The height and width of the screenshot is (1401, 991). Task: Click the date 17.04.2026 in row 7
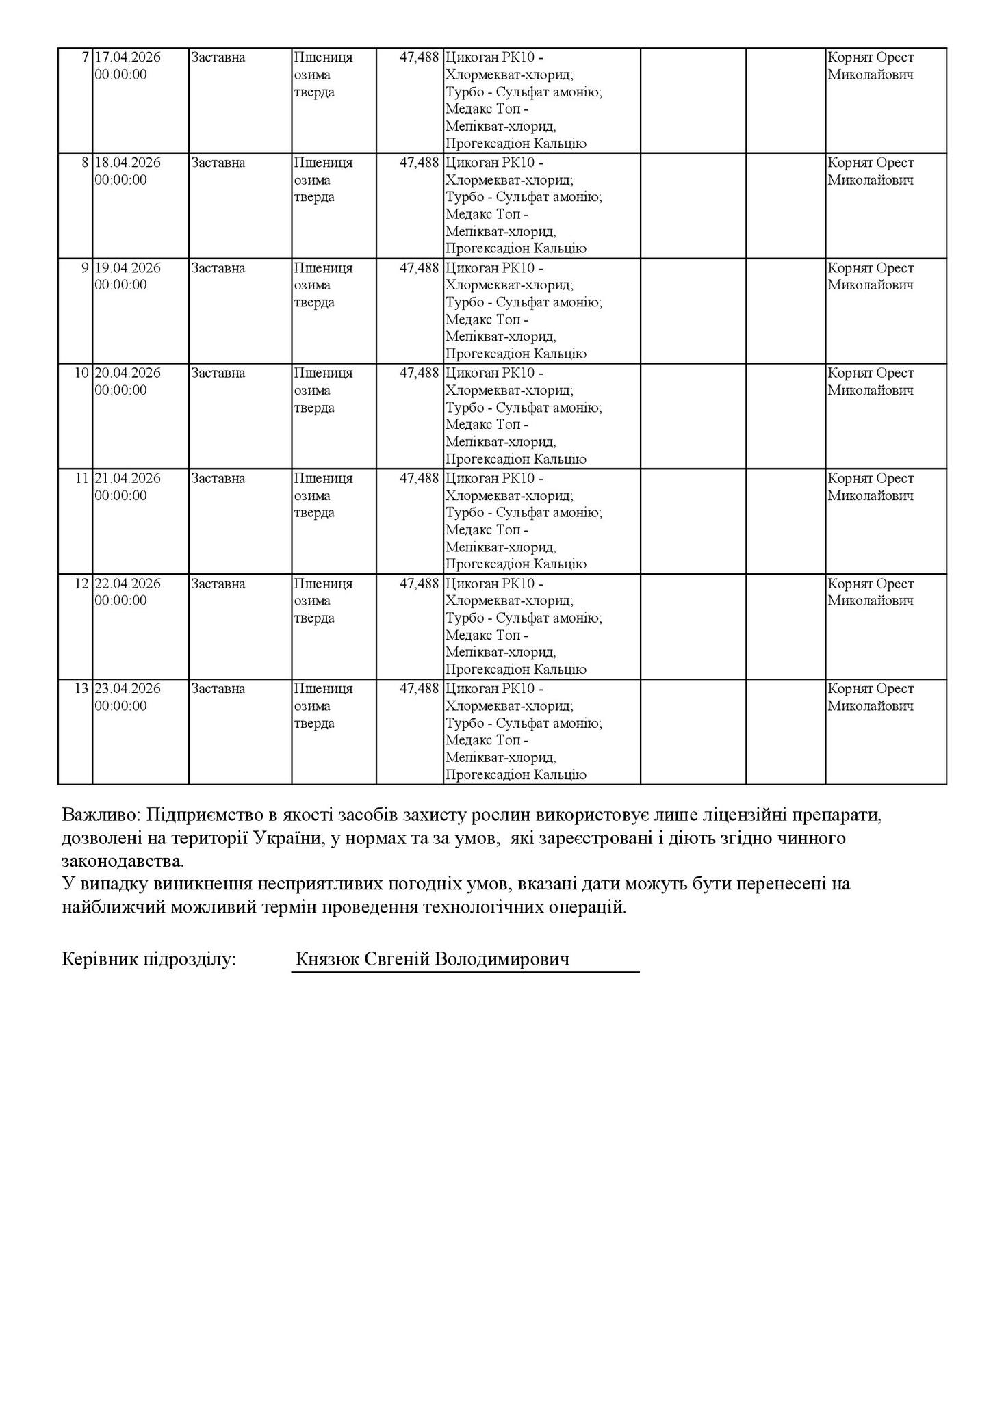pos(127,57)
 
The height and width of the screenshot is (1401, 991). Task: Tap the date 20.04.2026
pos(127,373)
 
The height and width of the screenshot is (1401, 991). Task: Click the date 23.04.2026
pos(127,688)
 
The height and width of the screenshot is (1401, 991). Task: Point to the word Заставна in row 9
pos(218,268)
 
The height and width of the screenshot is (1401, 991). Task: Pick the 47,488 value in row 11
pos(418,478)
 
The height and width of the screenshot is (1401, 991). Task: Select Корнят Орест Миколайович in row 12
pos(870,592)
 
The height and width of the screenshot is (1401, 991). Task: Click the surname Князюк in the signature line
pos(325,960)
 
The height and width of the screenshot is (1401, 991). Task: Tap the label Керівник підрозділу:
pos(149,960)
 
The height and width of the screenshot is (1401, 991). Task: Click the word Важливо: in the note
pos(102,815)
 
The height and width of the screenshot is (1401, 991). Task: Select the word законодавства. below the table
pos(123,861)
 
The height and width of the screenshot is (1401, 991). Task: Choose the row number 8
pos(85,163)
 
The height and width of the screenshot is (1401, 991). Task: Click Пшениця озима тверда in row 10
pos(323,391)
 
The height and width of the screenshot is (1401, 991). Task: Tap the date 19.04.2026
pos(127,268)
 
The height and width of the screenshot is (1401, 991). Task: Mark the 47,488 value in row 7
pos(418,57)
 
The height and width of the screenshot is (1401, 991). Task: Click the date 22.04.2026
pos(127,584)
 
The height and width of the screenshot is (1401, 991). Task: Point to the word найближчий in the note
pos(117,907)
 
